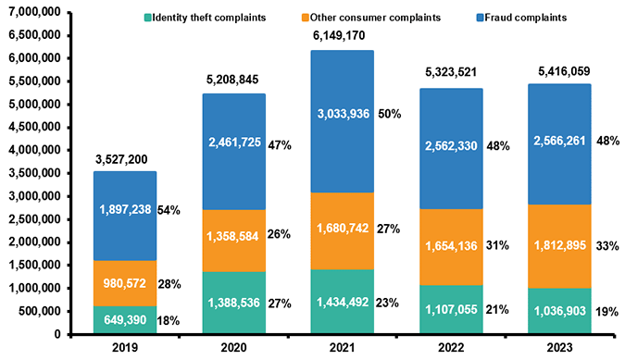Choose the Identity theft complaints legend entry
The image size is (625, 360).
coord(206,16)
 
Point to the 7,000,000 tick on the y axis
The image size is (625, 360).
coord(35,10)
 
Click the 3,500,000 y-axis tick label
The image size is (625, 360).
coord(35,172)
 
